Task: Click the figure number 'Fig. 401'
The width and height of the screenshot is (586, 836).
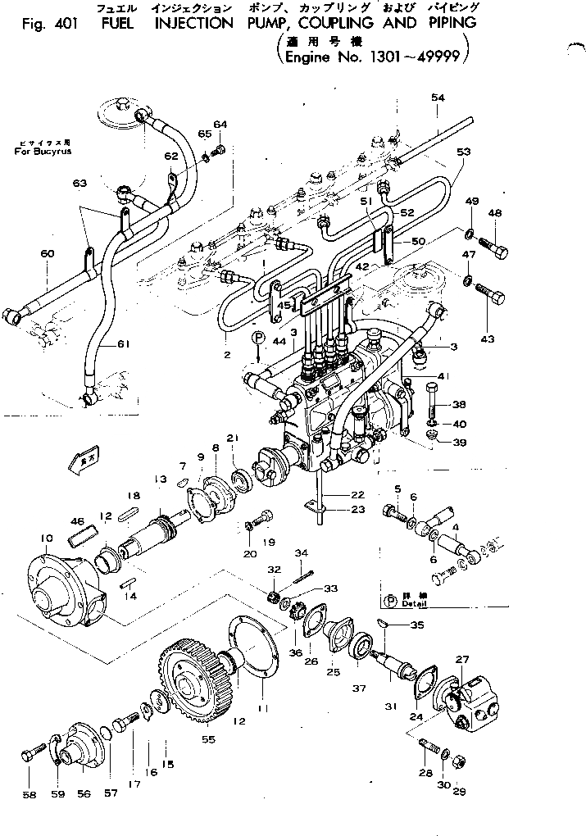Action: (x=48, y=24)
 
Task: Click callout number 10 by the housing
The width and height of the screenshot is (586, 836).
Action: (x=47, y=538)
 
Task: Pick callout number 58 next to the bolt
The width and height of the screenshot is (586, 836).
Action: (x=29, y=793)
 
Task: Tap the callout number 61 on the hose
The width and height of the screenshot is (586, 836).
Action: (x=123, y=343)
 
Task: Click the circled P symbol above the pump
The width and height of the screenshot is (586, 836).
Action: (x=258, y=337)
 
